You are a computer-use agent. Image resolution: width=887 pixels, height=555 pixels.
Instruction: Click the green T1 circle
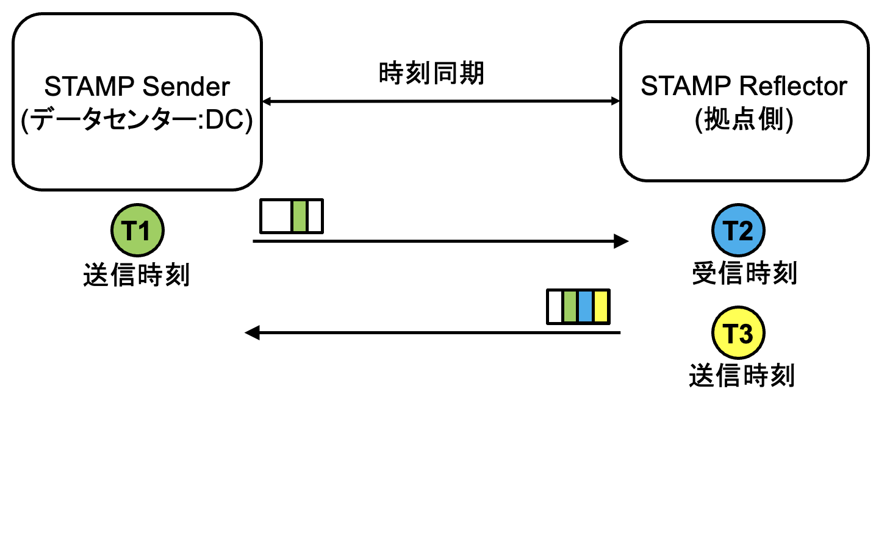click(x=137, y=231)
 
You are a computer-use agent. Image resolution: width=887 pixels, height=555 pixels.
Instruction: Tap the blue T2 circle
click(x=738, y=231)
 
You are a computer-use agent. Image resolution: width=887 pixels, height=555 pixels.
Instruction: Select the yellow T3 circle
click(x=738, y=333)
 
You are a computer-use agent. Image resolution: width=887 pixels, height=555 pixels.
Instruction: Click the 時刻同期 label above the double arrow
click(x=431, y=74)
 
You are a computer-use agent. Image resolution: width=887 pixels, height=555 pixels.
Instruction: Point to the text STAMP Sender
click(x=137, y=87)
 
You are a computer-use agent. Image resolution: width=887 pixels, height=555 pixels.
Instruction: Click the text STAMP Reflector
click(x=744, y=86)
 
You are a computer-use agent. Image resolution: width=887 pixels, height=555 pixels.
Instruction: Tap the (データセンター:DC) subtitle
click(x=137, y=120)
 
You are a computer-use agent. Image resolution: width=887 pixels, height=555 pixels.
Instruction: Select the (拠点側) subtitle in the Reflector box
click(x=744, y=119)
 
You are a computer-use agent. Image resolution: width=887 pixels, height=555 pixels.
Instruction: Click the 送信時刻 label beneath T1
click(x=137, y=275)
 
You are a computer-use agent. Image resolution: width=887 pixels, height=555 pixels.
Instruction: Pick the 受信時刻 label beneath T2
click(x=744, y=273)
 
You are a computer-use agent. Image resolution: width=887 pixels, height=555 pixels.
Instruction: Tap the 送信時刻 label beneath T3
click(x=742, y=376)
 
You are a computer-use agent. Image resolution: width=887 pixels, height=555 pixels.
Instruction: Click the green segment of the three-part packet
click(x=299, y=216)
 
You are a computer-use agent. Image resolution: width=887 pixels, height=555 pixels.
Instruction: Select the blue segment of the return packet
click(x=585, y=307)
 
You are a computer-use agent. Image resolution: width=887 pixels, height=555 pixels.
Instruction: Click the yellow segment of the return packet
click(x=600, y=307)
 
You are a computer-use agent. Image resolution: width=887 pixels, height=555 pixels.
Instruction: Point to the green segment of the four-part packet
click(x=570, y=307)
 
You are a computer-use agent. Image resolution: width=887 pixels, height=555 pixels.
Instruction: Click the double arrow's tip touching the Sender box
click(x=267, y=101)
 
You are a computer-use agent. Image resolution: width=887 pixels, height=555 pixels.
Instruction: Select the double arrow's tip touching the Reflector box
click(x=616, y=101)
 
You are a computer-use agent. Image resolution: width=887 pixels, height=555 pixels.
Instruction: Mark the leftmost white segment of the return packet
click(x=555, y=307)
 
